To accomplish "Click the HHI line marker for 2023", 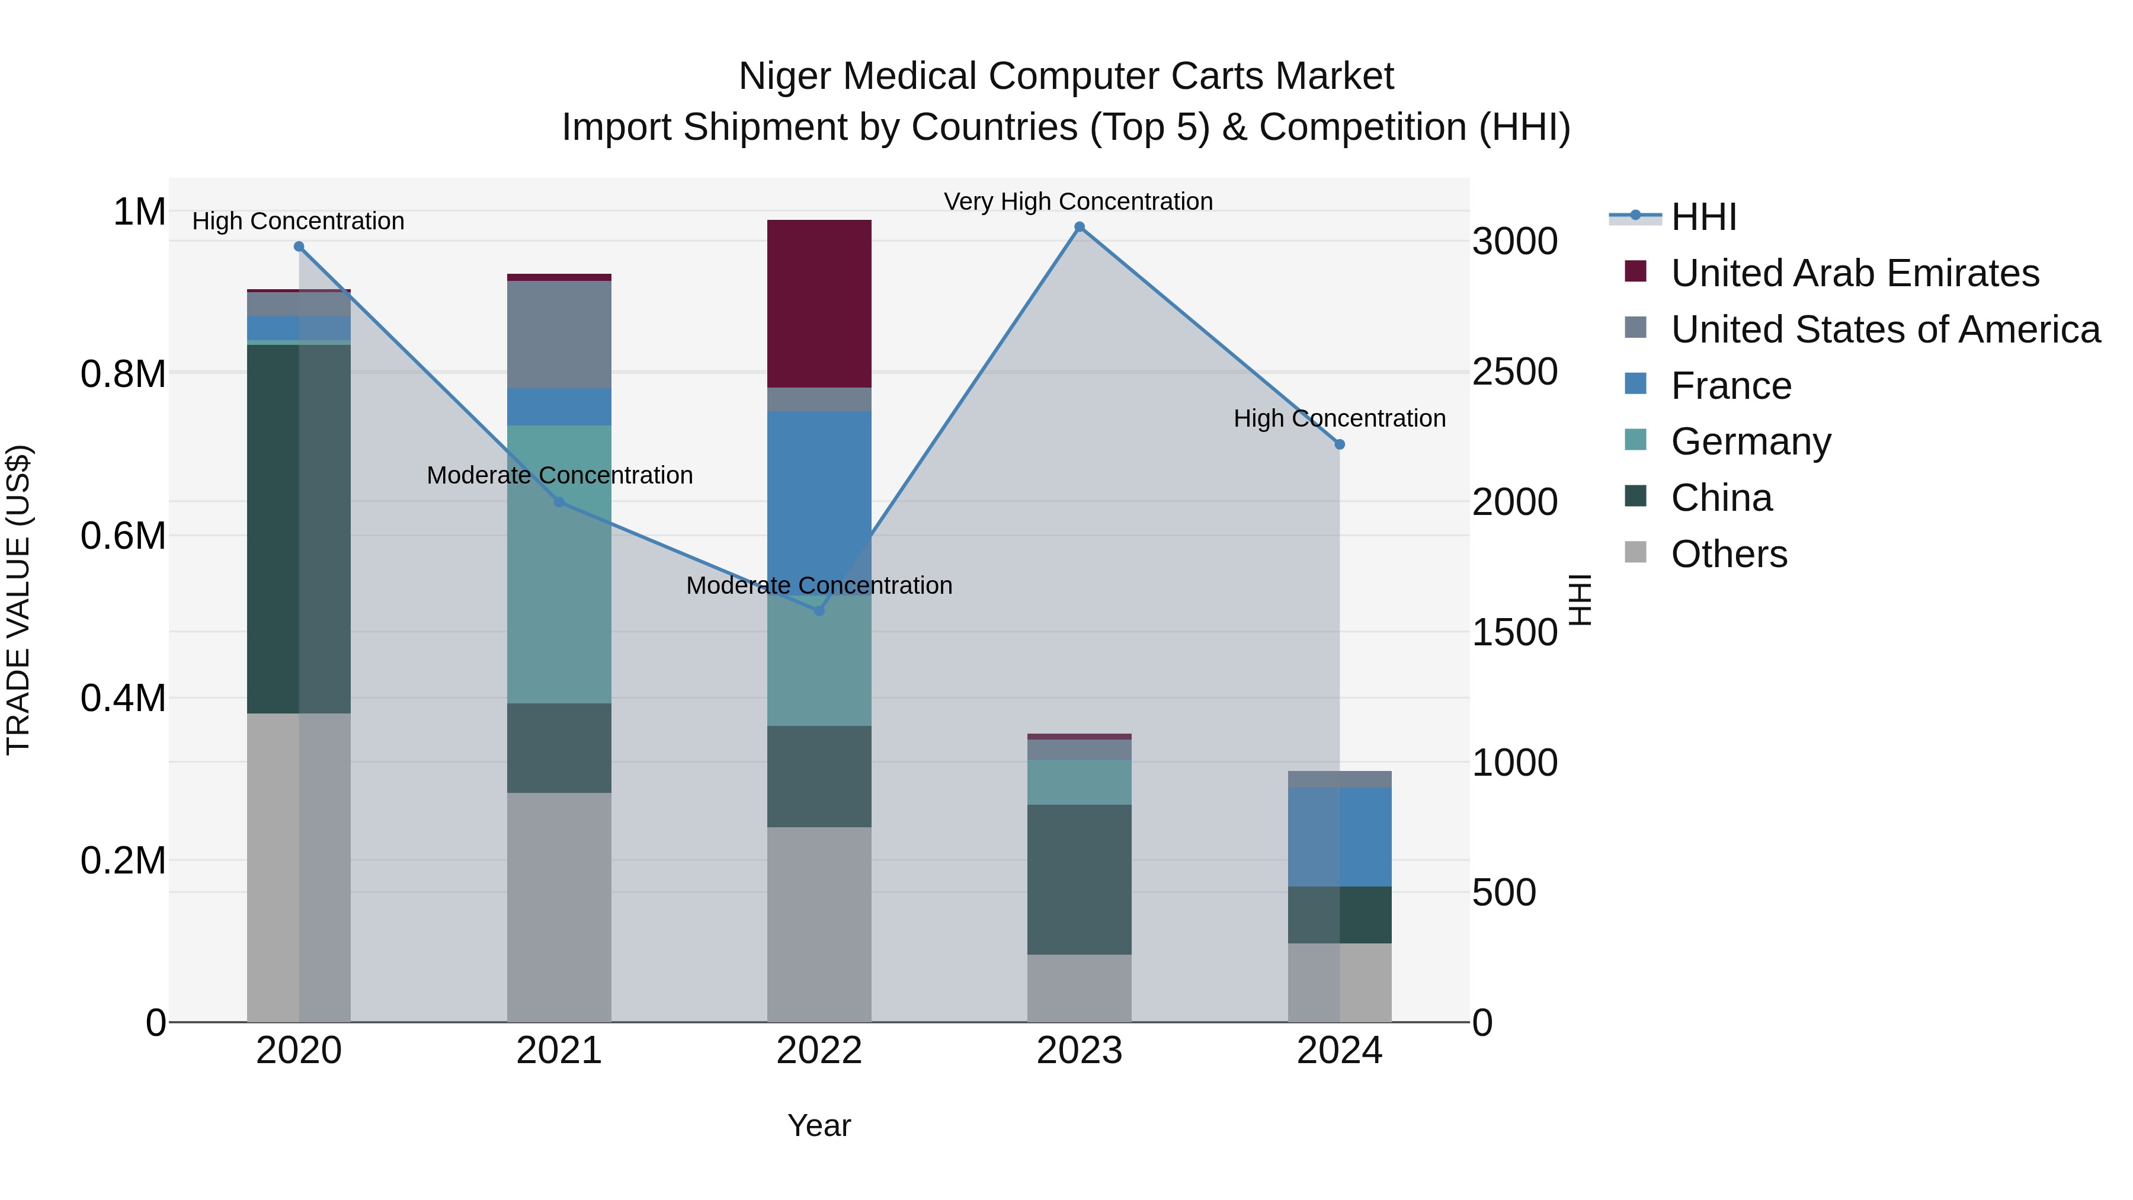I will pos(1079,227).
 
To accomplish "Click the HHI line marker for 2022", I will pos(819,610).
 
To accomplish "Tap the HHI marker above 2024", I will pos(1340,444).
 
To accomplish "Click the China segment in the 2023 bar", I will pos(1079,879).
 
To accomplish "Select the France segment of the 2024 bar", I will pos(1340,836).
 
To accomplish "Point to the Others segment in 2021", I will pos(559,907).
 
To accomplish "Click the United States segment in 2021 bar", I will pos(559,335).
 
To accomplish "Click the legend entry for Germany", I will pos(1750,442).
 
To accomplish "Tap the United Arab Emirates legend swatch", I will pos(1635,271).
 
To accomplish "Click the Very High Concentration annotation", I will pos(1078,202).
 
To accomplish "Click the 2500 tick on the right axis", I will pos(1514,373).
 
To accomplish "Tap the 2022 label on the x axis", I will pos(819,1051).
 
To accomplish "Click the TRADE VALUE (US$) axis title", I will pos(19,600).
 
